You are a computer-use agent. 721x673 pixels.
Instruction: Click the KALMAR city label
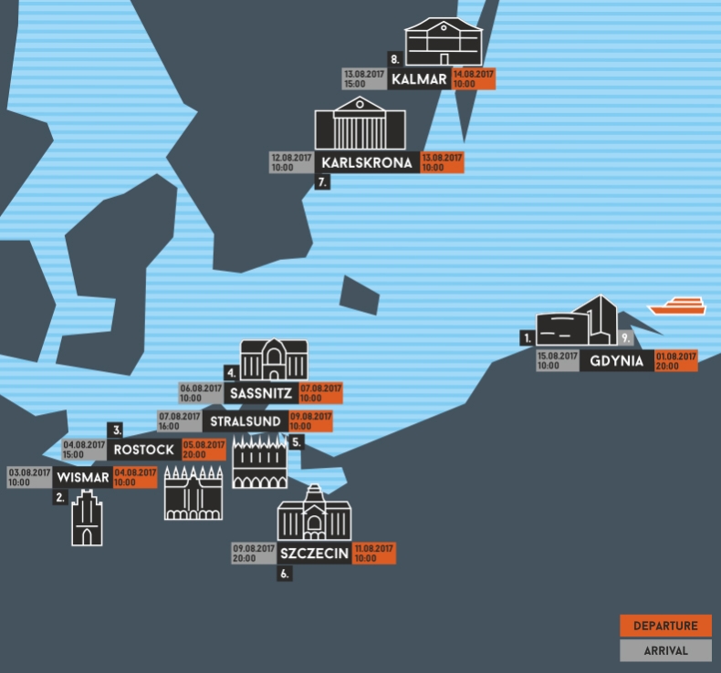pyautogui.click(x=419, y=79)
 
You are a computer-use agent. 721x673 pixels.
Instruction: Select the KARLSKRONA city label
pyautogui.click(x=367, y=163)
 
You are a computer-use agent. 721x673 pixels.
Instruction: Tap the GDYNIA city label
pyautogui.click(x=617, y=360)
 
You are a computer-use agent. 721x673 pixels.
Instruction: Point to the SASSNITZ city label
pyautogui.click(x=261, y=393)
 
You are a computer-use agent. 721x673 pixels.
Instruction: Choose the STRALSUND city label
pyautogui.click(x=245, y=421)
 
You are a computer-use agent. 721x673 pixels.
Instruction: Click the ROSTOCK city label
pyautogui.click(x=144, y=450)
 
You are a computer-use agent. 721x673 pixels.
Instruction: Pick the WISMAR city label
pyautogui.click(x=82, y=477)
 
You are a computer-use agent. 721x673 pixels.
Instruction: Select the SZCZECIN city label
pyautogui.click(x=314, y=553)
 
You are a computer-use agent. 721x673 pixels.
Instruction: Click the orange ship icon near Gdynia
pyautogui.click(x=676, y=306)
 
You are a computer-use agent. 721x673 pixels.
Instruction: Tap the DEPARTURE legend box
pyautogui.click(x=665, y=626)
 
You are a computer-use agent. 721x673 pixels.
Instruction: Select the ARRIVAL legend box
pyautogui.click(x=665, y=650)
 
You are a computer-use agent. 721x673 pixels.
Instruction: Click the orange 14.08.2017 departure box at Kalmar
pyautogui.click(x=474, y=78)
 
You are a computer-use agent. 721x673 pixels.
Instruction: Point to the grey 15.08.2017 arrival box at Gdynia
pyautogui.click(x=558, y=360)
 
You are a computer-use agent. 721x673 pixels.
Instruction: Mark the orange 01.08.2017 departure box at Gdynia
pyautogui.click(x=676, y=360)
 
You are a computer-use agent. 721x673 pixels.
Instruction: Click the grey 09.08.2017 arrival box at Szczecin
pyautogui.click(x=254, y=553)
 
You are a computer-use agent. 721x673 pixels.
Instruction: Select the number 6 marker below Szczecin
pyautogui.click(x=285, y=575)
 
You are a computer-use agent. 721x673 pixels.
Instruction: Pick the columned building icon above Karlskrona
pyautogui.click(x=360, y=125)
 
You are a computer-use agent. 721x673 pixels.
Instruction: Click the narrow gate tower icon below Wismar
pyautogui.click(x=87, y=518)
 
